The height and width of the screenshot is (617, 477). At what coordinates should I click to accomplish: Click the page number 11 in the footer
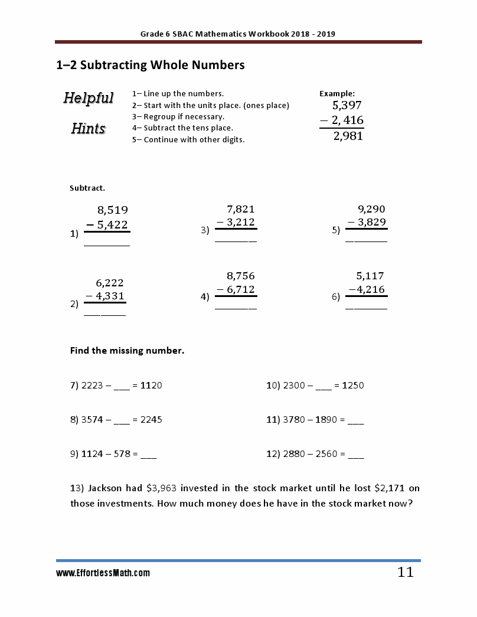[405, 572]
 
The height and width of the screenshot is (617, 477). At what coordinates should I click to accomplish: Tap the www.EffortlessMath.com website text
[103, 573]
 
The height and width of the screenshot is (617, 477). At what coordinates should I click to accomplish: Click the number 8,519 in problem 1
[112, 210]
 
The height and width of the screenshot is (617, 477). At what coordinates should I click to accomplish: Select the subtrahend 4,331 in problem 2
[109, 296]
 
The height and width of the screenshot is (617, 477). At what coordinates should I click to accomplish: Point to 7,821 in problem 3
[241, 209]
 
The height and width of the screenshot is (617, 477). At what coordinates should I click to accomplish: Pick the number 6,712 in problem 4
[240, 289]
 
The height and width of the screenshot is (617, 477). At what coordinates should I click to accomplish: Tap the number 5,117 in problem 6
[370, 276]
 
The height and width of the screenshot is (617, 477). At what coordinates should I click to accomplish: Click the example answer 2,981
[348, 136]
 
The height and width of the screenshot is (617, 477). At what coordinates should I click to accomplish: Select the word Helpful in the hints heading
[89, 98]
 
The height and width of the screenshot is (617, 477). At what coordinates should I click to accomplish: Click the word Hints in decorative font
[89, 128]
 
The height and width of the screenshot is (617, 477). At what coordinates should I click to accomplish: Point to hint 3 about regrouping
[178, 116]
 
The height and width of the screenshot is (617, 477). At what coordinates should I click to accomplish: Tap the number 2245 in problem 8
[151, 420]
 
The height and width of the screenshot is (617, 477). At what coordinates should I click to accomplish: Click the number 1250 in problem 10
[353, 386]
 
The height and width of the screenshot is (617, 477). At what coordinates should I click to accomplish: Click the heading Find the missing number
[127, 351]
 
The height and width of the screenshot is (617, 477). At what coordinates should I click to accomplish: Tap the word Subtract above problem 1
[87, 188]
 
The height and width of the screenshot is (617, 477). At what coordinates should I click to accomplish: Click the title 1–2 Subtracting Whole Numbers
[150, 65]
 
